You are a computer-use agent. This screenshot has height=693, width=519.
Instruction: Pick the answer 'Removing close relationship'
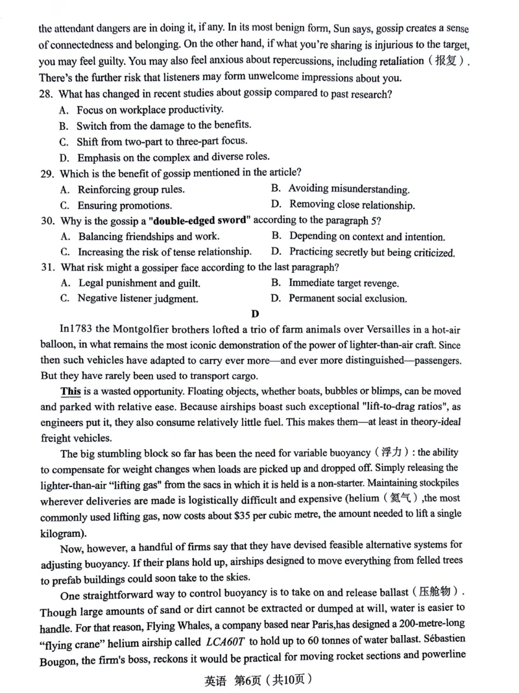pyautogui.click(x=352, y=205)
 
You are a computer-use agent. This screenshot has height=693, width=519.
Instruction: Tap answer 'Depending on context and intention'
pyautogui.click(x=367, y=236)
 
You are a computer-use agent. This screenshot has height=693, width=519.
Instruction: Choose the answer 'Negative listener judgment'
pyautogui.click(x=138, y=299)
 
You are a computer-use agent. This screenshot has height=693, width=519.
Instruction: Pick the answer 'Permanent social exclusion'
pyautogui.click(x=348, y=299)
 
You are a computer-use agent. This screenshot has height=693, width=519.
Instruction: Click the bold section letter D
pyautogui.click(x=255, y=315)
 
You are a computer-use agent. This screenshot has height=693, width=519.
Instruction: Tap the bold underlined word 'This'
pyautogui.click(x=71, y=392)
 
